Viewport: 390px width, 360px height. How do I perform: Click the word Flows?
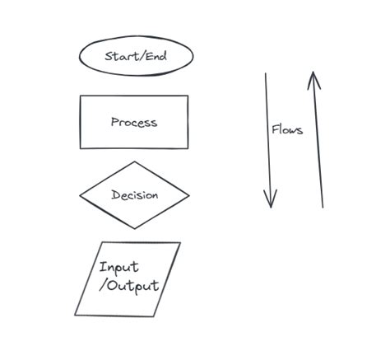point(287,129)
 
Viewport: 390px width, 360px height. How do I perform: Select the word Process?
point(133,122)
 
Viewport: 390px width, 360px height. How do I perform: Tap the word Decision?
point(134,196)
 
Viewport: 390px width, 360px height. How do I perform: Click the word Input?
point(119,267)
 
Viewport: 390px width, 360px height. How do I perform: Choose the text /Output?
point(129,287)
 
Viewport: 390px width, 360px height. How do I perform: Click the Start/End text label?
point(137,56)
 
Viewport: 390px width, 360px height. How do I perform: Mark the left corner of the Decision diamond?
point(80,195)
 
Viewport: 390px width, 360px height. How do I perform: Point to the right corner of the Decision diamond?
point(189,196)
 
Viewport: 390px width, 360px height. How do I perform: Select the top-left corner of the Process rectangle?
point(80,96)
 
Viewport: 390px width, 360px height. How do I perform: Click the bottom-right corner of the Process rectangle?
point(188,148)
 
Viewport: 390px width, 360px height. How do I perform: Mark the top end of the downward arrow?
point(265,73)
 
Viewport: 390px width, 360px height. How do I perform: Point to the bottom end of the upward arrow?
point(323,206)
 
